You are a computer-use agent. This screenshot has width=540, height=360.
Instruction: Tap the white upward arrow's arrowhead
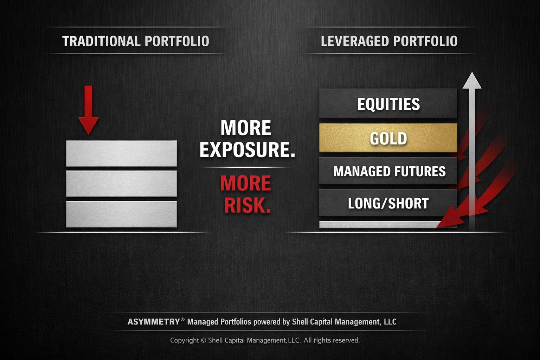click(x=472, y=81)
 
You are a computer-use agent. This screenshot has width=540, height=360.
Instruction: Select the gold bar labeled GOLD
click(x=388, y=138)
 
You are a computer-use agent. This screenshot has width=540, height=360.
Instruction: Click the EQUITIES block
click(x=388, y=104)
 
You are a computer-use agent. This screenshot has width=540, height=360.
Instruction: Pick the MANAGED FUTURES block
click(x=388, y=171)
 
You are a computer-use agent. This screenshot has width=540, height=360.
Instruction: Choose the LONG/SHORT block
click(x=388, y=203)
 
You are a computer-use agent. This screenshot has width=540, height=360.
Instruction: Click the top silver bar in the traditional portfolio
click(x=121, y=153)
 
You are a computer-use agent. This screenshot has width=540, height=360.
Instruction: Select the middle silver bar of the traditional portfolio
click(x=121, y=184)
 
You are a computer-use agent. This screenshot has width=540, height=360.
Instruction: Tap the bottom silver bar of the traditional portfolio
click(x=121, y=214)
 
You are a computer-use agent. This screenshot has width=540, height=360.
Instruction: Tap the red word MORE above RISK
click(x=245, y=184)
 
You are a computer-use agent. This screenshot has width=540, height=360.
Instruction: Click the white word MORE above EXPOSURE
click(x=245, y=128)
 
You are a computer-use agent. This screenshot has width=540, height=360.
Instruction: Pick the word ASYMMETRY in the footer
click(x=154, y=322)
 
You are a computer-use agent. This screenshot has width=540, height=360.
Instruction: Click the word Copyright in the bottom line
click(x=185, y=340)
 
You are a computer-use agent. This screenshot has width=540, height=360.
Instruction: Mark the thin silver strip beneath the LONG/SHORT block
click(x=376, y=224)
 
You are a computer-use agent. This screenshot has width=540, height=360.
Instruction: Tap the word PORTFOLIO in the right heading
click(x=425, y=41)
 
